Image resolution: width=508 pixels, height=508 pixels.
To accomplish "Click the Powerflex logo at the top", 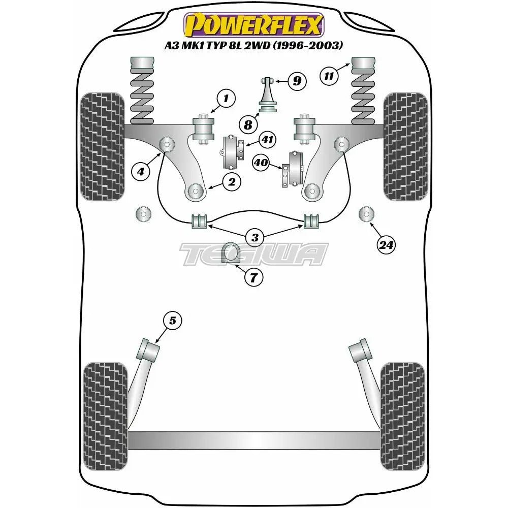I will (x=253, y=24).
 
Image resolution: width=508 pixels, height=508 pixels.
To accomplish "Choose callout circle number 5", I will (x=172, y=321).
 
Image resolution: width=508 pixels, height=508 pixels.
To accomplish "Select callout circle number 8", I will (x=248, y=124).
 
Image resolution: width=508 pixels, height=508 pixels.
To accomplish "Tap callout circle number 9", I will (x=297, y=80).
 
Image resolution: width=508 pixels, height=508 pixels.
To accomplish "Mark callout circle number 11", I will (x=329, y=77).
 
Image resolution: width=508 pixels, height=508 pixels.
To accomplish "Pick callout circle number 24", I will (x=386, y=245).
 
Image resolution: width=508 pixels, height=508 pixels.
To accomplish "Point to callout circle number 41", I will (x=267, y=138).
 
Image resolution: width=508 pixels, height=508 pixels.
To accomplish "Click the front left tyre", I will (x=102, y=146).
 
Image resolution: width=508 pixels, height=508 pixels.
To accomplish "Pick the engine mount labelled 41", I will (x=233, y=153).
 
